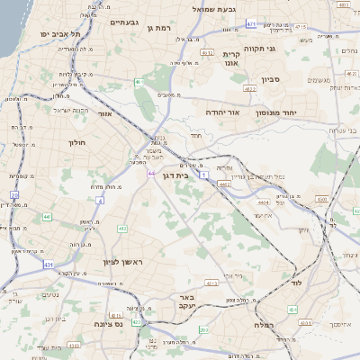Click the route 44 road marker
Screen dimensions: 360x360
click(x=151, y=172)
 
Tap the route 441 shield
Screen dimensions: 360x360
click(x=45, y=216)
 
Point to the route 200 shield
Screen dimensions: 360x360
click(x=14, y=194)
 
